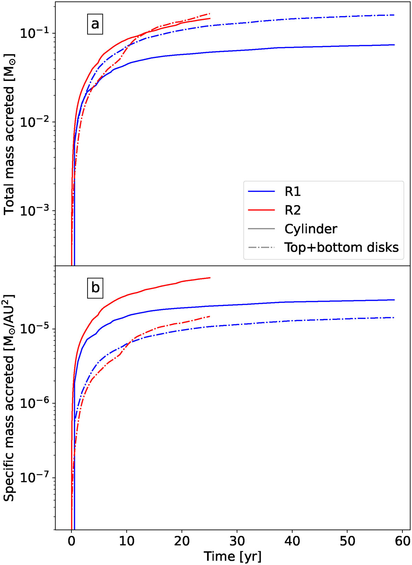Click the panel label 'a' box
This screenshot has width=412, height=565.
(x=95, y=24)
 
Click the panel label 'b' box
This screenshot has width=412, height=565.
(x=95, y=288)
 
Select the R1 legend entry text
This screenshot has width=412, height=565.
(x=293, y=192)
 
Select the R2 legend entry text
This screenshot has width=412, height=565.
(x=293, y=210)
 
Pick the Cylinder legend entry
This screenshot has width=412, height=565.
(x=311, y=229)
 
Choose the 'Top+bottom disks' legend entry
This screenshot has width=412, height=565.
(x=341, y=248)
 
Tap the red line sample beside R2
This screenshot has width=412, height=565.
(x=261, y=210)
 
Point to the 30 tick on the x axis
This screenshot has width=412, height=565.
(x=237, y=541)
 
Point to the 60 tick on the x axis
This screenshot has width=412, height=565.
(x=402, y=541)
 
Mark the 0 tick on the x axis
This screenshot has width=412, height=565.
(x=71, y=541)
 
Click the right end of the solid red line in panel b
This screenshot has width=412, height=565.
(x=210, y=278)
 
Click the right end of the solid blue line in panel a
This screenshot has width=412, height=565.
(x=394, y=45)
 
